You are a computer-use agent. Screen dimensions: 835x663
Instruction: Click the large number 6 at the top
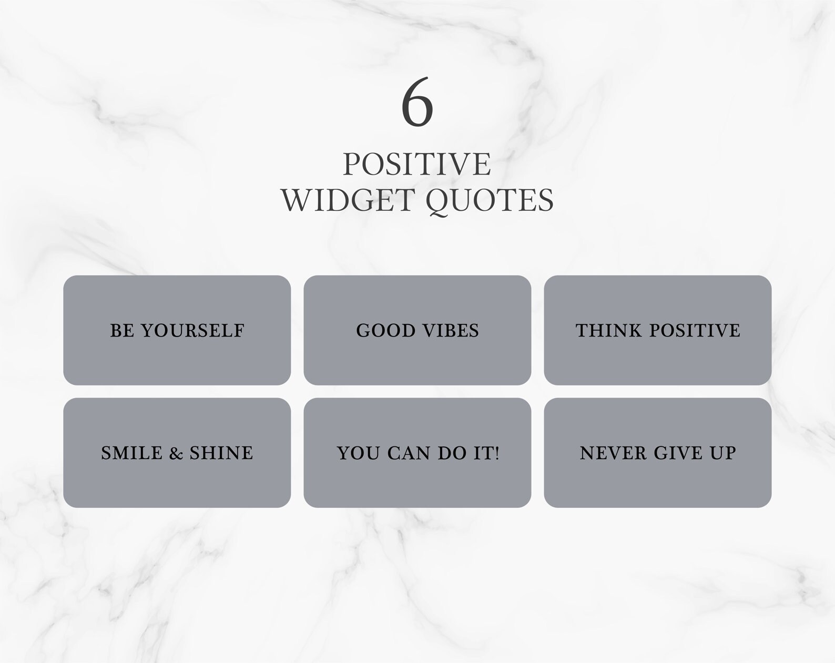tap(417, 101)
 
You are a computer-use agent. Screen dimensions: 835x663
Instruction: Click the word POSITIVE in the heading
tap(417, 164)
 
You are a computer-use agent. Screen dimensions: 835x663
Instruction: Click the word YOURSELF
tap(192, 331)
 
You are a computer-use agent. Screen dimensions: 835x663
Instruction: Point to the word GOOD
tap(386, 331)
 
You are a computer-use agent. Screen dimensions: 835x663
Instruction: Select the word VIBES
tap(451, 331)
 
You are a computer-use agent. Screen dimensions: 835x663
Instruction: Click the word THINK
tap(609, 331)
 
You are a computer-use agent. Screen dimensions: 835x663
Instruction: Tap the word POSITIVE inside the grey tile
tap(695, 331)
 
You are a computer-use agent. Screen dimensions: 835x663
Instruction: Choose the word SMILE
tap(132, 453)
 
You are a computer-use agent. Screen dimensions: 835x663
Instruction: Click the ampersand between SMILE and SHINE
tap(176, 453)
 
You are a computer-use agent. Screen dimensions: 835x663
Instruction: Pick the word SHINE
tap(221, 453)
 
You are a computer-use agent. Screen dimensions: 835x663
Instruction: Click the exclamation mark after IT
tap(496, 453)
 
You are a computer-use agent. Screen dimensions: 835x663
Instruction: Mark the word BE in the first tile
tap(122, 331)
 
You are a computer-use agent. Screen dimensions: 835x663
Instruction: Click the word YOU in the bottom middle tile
tap(359, 453)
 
